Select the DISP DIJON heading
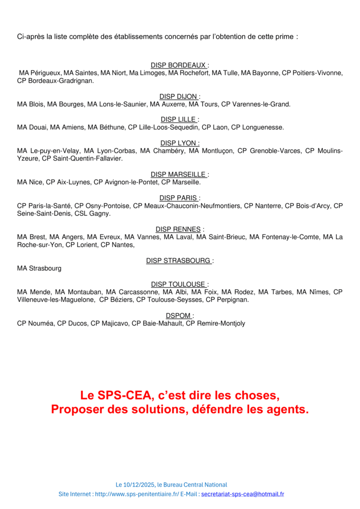(x=180, y=96)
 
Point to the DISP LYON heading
(x=180, y=143)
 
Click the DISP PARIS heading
(x=180, y=198)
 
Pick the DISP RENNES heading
(x=180, y=229)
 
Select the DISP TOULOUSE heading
(x=180, y=284)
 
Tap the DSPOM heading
(x=180, y=316)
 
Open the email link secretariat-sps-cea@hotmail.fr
(x=243, y=494)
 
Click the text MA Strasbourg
(x=39, y=268)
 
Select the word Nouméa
(x=40, y=324)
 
